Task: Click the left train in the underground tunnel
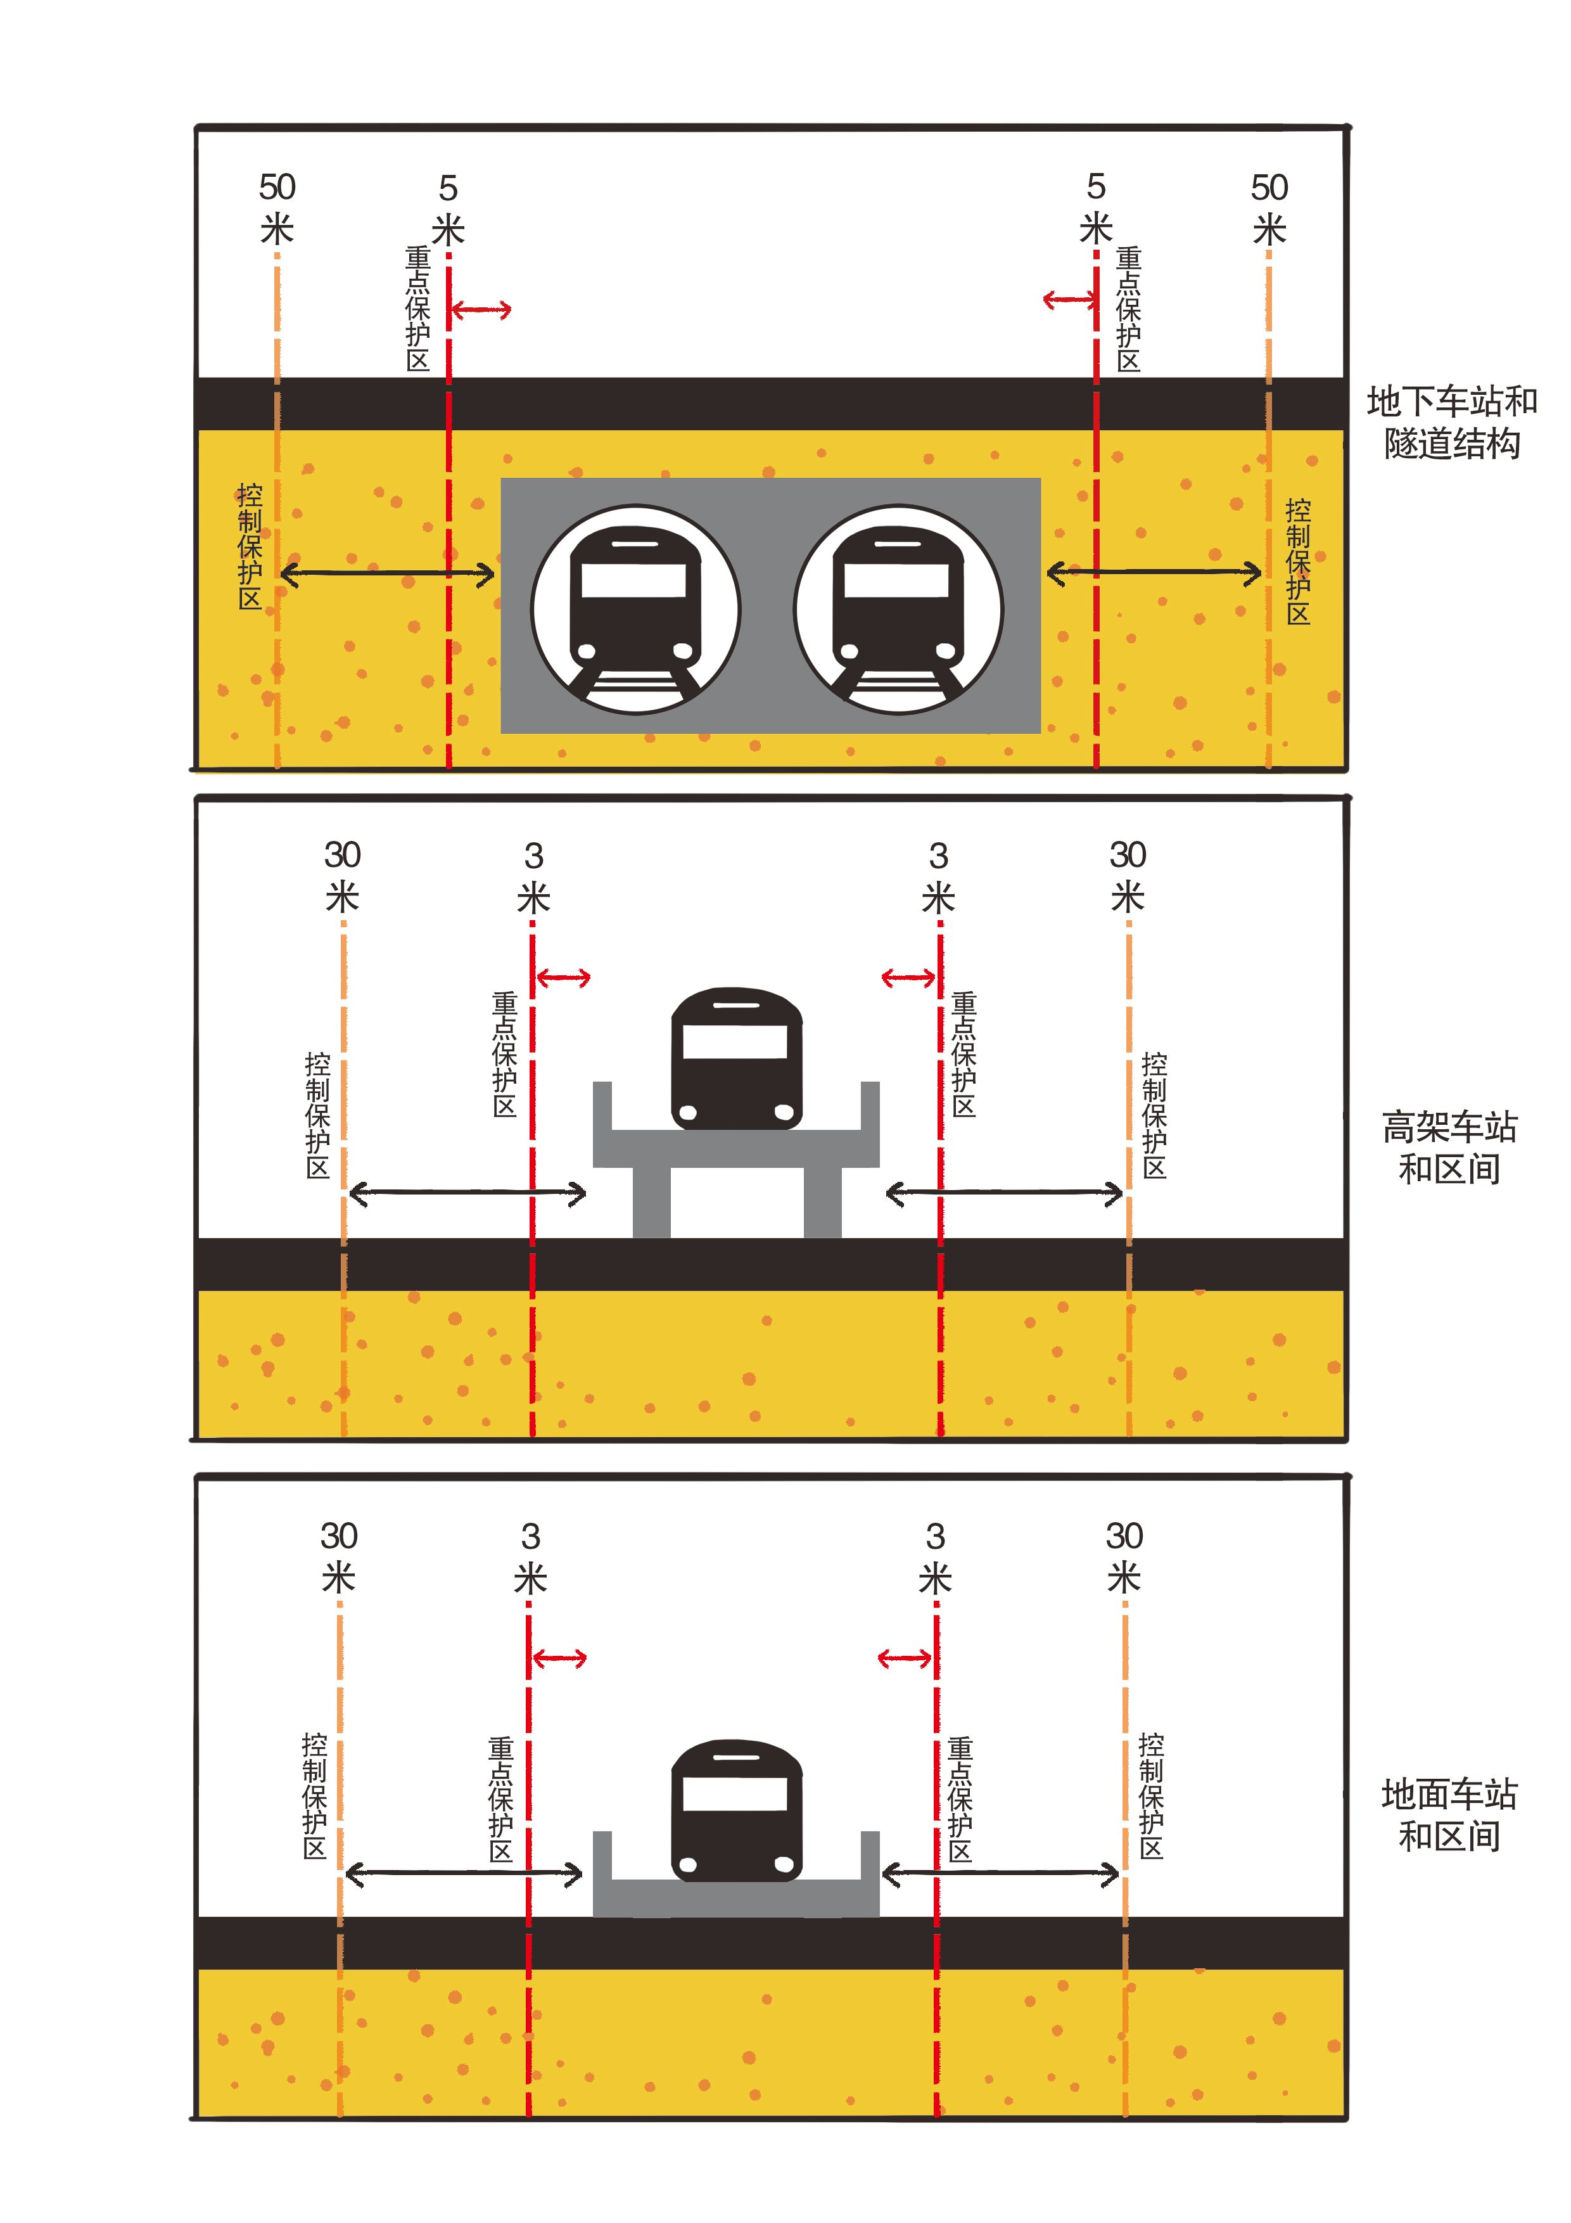[635, 610]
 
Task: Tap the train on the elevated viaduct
[737, 1058]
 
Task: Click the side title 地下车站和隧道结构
[1451, 422]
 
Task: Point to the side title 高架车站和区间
[1449, 1148]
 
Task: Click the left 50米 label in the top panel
[277, 208]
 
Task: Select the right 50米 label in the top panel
[1269, 208]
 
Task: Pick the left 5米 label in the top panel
[448, 209]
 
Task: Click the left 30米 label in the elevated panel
[341, 876]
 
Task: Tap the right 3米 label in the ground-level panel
[935, 1557]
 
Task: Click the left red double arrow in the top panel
[480, 310]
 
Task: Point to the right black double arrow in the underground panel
[1154, 573]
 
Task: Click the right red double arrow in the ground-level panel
[906, 1658]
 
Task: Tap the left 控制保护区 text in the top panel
[250, 546]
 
